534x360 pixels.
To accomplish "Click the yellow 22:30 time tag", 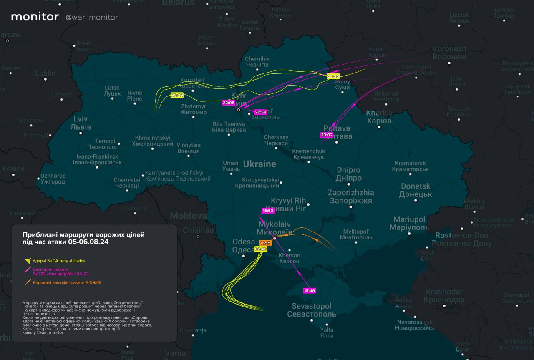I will [x=333, y=76].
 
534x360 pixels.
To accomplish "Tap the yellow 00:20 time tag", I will [x=177, y=96].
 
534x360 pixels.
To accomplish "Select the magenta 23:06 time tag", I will [x=229, y=103].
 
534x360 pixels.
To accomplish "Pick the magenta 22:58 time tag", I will [x=261, y=112].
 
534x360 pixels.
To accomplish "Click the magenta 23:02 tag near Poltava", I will [x=327, y=135].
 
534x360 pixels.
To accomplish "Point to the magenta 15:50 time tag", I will [x=267, y=211].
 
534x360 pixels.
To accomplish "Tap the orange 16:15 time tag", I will [x=265, y=243].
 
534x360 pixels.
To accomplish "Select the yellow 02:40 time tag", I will [x=261, y=249].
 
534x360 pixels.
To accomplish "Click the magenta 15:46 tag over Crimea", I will [x=310, y=290].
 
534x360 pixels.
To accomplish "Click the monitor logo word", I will [x=35, y=17].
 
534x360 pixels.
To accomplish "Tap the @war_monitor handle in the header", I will [x=92, y=18].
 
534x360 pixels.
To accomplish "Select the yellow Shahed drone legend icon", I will [x=28, y=261].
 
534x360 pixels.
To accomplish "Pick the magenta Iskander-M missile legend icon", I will [x=28, y=271].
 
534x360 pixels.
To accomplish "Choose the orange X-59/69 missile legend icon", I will [x=28, y=282].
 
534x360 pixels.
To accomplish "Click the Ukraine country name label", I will [x=259, y=164].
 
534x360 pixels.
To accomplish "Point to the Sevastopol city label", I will [x=311, y=310].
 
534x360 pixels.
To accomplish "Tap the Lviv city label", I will [x=80, y=122].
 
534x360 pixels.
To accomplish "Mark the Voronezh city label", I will [x=449, y=53].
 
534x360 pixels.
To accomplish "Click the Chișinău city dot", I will [x=198, y=237].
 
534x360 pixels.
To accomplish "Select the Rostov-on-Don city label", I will [x=461, y=239].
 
